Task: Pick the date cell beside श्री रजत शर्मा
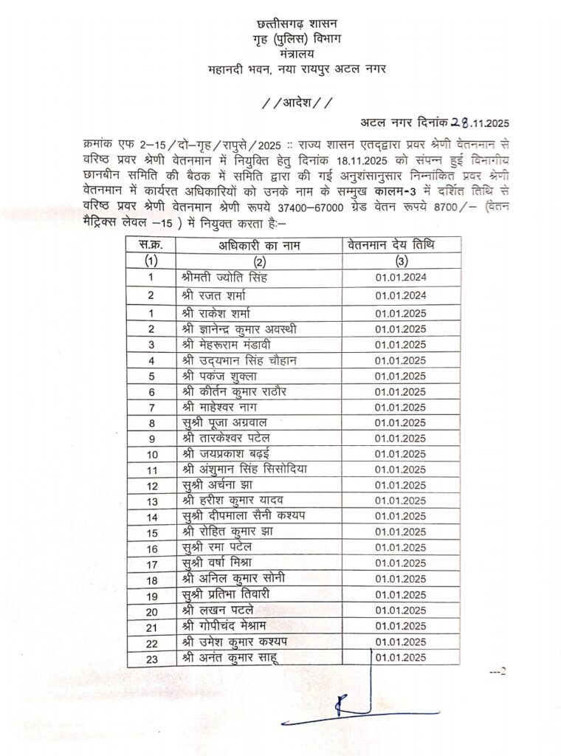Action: (x=400, y=295)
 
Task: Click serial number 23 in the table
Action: (x=151, y=657)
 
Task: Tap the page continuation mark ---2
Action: (x=499, y=672)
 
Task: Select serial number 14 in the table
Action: (x=151, y=517)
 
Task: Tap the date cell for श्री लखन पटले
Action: (x=400, y=611)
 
